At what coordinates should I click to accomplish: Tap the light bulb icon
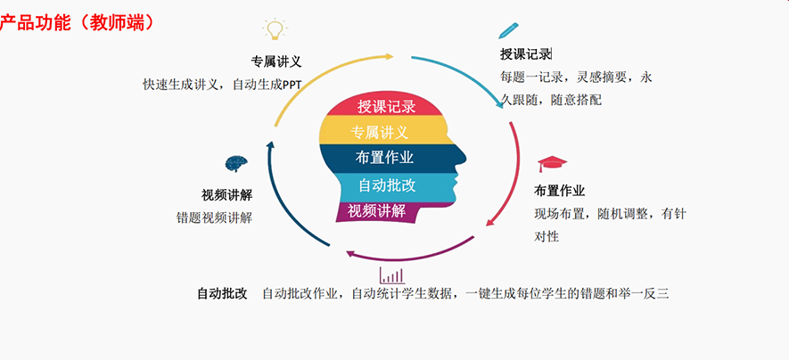pyautogui.click(x=275, y=30)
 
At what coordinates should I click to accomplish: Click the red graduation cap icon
pyautogui.click(x=552, y=164)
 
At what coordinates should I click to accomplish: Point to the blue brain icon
pyautogui.click(x=236, y=164)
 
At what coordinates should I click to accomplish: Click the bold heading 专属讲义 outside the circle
pyautogui.click(x=276, y=62)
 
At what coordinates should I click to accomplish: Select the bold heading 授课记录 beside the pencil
pyautogui.click(x=526, y=54)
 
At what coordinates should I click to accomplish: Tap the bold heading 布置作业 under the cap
pyautogui.click(x=559, y=191)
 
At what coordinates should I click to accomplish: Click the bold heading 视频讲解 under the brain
pyautogui.click(x=226, y=194)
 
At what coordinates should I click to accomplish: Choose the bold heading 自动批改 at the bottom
pyautogui.click(x=222, y=293)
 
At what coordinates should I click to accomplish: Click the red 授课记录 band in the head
pyautogui.click(x=386, y=106)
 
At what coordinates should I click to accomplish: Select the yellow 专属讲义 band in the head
pyautogui.click(x=380, y=132)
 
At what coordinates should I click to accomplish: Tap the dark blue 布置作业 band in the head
pyautogui.click(x=384, y=158)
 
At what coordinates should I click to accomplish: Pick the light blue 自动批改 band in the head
pyautogui.click(x=386, y=185)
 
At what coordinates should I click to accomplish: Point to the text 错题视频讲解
pyautogui.click(x=214, y=217)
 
